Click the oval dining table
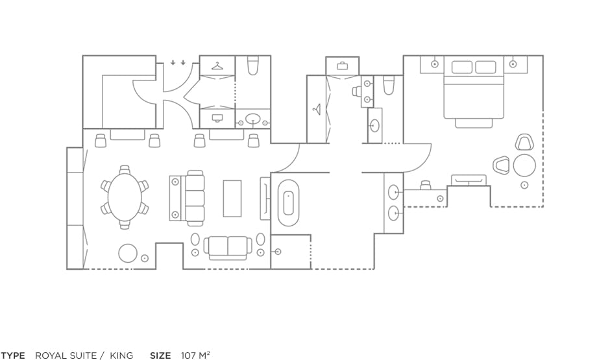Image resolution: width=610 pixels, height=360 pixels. [125, 197]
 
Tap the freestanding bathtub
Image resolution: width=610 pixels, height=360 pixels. [288, 203]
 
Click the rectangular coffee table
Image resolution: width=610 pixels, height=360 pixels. [232, 198]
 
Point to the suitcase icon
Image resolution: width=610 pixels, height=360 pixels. [343, 66]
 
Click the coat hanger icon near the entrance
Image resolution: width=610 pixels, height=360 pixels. [217, 66]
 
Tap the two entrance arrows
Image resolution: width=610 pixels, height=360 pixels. [178, 62]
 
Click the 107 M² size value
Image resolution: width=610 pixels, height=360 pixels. [196, 355]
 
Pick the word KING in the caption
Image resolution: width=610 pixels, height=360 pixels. [121, 355]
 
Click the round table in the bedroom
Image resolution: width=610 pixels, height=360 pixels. [524, 165]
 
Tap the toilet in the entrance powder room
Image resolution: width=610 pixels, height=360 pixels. [253, 66]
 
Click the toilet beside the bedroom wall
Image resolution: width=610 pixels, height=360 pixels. [389, 86]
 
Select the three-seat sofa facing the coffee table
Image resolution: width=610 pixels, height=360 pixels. [195, 198]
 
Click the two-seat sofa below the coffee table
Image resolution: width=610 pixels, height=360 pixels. [228, 248]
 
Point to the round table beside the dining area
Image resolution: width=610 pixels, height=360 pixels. [128, 253]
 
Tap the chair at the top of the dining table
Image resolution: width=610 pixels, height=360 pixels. [125, 170]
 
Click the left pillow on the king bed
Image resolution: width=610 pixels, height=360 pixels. [462, 67]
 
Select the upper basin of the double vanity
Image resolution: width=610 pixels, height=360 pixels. [394, 191]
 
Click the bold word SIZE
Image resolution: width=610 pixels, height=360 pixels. [160, 355]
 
